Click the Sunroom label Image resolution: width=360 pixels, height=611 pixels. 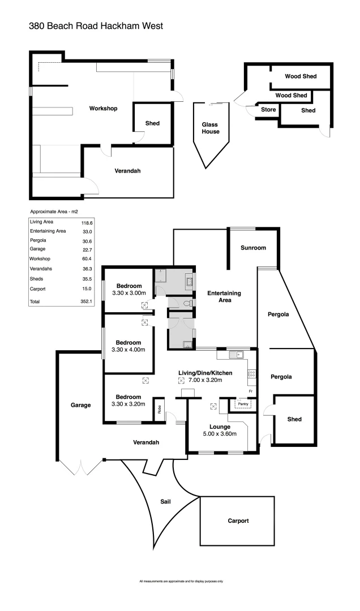pos(252,248)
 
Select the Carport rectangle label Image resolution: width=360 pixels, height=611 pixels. pos(238,521)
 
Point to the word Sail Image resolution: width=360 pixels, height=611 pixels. pos(165,501)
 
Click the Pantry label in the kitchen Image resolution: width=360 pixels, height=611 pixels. pos(243,404)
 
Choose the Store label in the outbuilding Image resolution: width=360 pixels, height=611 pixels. pos(268,110)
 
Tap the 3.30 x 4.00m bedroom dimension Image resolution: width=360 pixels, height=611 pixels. pos(128,350)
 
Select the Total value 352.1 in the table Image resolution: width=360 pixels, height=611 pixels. pos(87,302)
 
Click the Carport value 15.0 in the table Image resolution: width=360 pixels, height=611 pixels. pos(87,289)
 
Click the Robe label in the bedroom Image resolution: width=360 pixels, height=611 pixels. pos(160,408)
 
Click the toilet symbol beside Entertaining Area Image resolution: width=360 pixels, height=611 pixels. pos(188,304)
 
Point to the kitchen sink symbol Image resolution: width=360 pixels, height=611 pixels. pos(237,355)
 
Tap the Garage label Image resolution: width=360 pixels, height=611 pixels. pos(80,405)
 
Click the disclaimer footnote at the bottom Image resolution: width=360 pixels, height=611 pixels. pos(181,581)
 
